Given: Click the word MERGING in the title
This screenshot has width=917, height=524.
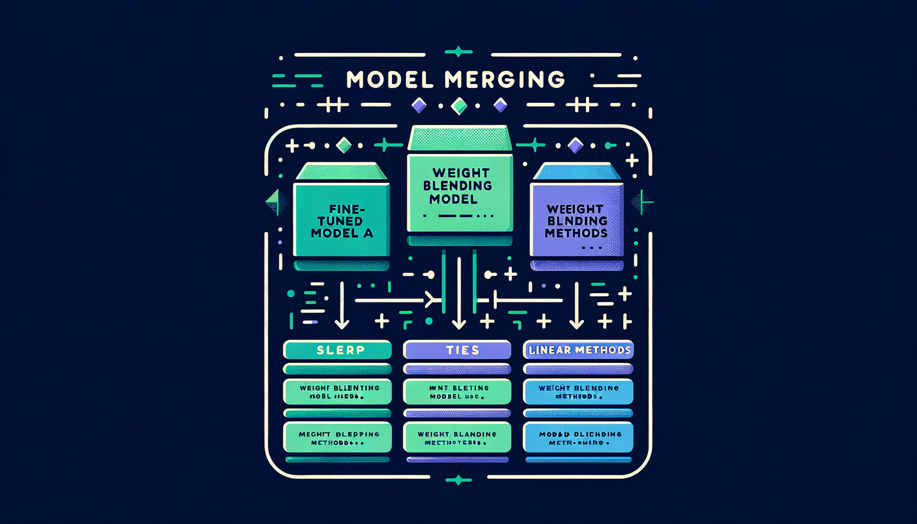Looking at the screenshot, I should pos(505,80).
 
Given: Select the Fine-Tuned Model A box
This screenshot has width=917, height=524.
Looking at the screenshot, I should pos(341,221).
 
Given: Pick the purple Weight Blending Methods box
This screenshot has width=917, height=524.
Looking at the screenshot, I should pos(577,221).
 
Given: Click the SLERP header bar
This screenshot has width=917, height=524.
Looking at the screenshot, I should pos(337,350).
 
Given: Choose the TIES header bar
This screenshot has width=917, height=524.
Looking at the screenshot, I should pos(457,350).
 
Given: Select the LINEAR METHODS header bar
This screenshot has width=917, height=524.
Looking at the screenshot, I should pos(578,350).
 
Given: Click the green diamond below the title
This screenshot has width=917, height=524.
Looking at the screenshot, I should pos(459,106).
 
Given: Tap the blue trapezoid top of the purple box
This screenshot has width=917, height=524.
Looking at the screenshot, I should pos(577,172).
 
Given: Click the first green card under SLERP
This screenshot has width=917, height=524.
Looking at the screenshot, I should pos(337,392).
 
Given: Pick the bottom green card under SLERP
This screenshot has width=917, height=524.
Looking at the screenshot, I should pos(337,438).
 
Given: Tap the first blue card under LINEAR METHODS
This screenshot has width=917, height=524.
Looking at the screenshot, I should pos(578,392).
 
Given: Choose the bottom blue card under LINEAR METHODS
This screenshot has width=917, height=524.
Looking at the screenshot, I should pos(578,438).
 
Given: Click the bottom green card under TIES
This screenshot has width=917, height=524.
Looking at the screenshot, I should pos(457,438).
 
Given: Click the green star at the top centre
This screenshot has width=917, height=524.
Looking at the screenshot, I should pos(458,52).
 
